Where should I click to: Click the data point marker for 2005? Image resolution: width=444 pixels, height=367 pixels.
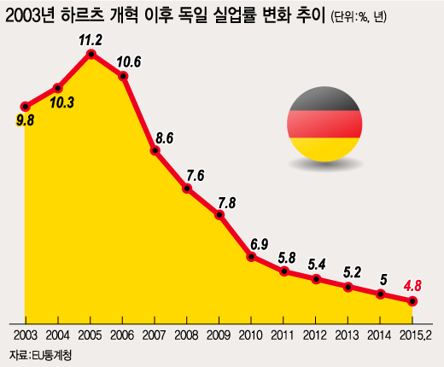pyautogui.click(x=91, y=55)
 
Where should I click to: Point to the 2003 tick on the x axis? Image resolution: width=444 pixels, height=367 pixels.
pyautogui.click(x=26, y=333)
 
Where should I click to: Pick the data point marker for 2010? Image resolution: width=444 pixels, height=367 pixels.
pyautogui.click(x=252, y=255)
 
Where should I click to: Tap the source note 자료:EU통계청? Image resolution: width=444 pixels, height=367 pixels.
pyautogui.click(x=40, y=353)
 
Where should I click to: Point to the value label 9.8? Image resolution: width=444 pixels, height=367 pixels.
pyautogui.click(x=26, y=120)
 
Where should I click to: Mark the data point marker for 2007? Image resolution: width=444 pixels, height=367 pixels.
pyautogui.click(x=155, y=150)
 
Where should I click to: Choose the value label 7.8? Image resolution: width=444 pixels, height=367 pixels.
pyautogui.click(x=227, y=202)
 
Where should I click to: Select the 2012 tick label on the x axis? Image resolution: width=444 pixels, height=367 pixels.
pyautogui.click(x=317, y=333)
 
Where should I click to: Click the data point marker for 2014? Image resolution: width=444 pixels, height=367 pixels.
pyautogui.click(x=381, y=294)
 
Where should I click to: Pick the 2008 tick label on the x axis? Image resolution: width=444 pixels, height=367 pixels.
pyautogui.click(x=187, y=333)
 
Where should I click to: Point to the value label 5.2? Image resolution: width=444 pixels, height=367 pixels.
pyautogui.click(x=352, y=272)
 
